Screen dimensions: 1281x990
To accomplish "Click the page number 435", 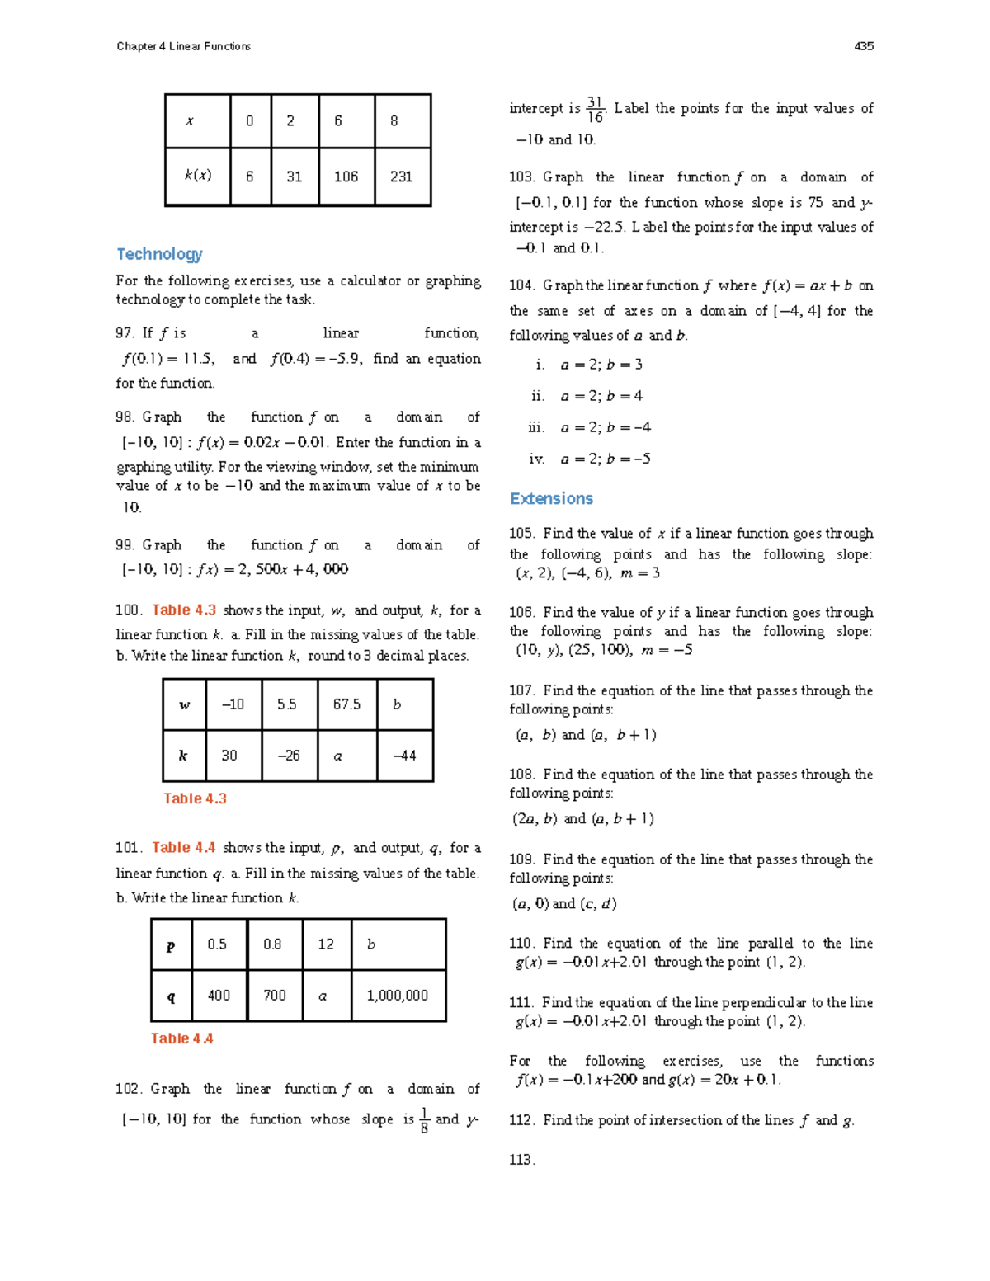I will (x=864, y=46).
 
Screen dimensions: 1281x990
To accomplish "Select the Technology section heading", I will (x=159, y=254).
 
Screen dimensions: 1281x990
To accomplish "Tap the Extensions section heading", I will (x=551, y=498).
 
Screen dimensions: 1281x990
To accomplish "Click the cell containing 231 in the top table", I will (x=403, y=177).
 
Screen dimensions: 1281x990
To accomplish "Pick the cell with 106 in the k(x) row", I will (x=346, y=177).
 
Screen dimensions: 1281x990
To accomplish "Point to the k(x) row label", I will (x=198, y=176).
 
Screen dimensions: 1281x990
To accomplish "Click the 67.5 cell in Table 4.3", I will (x=347, y=704).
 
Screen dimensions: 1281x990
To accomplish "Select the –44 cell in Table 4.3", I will (x=404, y=756).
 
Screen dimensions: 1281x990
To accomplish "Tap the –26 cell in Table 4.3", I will (x=289, y=756).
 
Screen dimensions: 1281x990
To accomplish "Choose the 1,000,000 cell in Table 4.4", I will (x=398, y=996).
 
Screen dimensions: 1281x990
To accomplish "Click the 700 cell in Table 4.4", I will (x=275, y=996).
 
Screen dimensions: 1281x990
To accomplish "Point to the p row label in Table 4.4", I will (x=171, y=945).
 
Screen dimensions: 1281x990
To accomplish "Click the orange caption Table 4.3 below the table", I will (x=195, y=798).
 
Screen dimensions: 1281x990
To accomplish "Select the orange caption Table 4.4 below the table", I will (x=181, y=1038).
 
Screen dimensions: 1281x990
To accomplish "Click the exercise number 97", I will (x=125, y=333).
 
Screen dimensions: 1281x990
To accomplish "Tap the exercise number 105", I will (x=521, y=534).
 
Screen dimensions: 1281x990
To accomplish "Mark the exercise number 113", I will (x=521, y=1160).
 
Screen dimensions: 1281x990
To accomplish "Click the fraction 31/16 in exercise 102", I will (x=595, y=110).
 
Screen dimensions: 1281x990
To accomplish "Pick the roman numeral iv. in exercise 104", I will (x=536, y=459).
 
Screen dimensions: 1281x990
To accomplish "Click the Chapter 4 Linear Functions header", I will (x=183, y=46).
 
